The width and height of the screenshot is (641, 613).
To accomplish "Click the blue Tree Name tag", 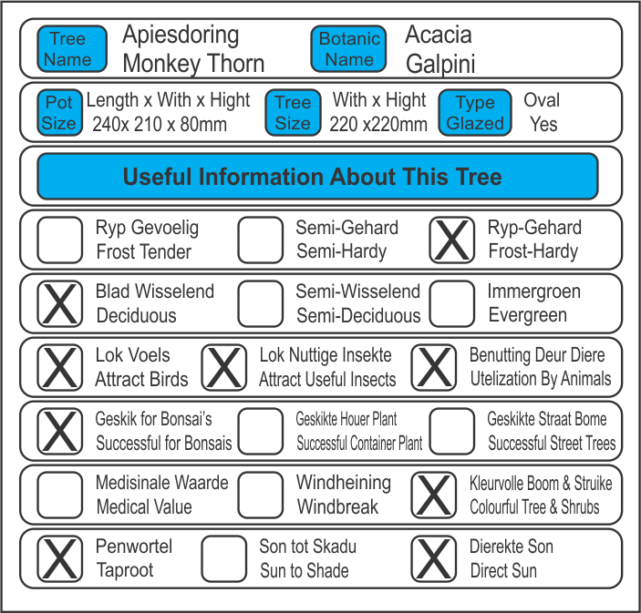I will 68,49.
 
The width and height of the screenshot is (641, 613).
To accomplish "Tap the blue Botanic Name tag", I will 349,49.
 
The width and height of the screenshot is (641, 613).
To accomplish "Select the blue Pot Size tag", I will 59,113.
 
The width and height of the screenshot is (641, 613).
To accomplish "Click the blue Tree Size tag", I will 293,113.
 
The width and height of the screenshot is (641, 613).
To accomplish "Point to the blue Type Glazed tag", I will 474,113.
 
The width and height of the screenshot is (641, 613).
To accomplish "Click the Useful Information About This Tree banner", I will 317,176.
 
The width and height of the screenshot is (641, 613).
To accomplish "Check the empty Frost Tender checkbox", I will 60,240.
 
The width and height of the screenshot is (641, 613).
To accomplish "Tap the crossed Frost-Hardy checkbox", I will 452,240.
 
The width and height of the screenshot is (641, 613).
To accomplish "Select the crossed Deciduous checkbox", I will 60,303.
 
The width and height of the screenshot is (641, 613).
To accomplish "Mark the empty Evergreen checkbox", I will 452,303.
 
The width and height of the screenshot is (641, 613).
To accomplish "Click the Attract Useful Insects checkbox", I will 224,367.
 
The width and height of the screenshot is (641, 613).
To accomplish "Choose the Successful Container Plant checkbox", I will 261,431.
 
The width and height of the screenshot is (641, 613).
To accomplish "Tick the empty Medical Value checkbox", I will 60,495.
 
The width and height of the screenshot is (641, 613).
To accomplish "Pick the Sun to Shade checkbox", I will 224,558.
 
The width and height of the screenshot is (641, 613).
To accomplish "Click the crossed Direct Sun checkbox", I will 434,558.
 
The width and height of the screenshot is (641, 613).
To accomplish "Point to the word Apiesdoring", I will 181,36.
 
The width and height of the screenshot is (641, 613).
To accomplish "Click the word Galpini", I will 440,65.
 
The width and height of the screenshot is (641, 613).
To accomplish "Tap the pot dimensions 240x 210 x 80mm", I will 160,125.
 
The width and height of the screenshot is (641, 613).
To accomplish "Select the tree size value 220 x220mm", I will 378,125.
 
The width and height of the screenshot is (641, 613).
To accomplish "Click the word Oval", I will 542,100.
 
